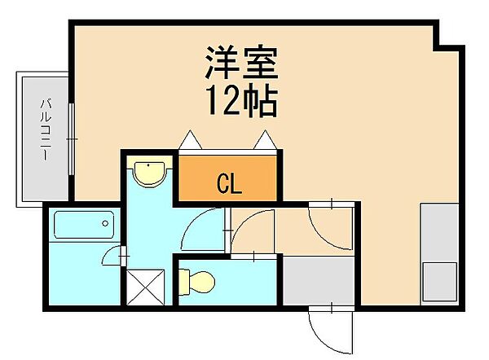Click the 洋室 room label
240,64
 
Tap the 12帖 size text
240,102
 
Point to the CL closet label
229,184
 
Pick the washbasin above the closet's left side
150,173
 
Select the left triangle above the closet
189,141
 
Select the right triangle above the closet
267,141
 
